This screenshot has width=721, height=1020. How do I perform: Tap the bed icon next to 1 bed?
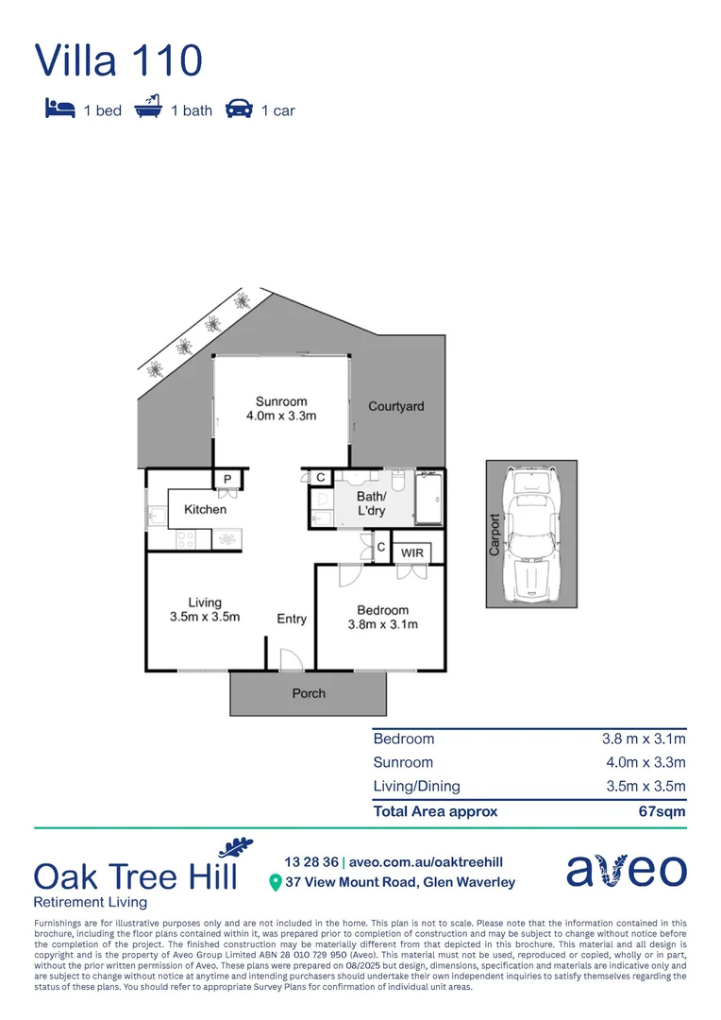click(x=59, y=110)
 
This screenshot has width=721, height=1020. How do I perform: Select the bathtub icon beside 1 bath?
click(x=148, y=109)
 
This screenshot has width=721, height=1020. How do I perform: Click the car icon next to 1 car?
click(x=239, y=110)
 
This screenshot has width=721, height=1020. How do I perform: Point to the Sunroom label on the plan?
click(x=281, y=408)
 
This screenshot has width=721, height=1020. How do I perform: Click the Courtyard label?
click(x=395, y=406)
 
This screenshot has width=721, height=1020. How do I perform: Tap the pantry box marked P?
click(x=227, y=480)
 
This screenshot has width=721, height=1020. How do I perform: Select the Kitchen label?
click(x=205, y=509)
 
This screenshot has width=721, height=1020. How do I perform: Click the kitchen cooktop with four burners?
click(x=185, y=540)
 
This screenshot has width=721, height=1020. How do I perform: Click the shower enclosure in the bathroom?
click(x=430, y=498)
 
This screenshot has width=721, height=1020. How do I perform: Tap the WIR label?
click(x=412, y=552)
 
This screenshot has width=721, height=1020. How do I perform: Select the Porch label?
click(x=309, y=693)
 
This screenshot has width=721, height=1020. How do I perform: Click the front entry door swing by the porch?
click(x=291, y=661)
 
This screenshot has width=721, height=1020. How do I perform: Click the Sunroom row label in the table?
click(x=403, y=762)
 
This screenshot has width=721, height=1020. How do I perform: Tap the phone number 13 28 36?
click(x=310, y=862)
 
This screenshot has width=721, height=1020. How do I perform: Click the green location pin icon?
click(x=276, y=883)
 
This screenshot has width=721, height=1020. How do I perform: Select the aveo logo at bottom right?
click(x=626, y=870)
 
